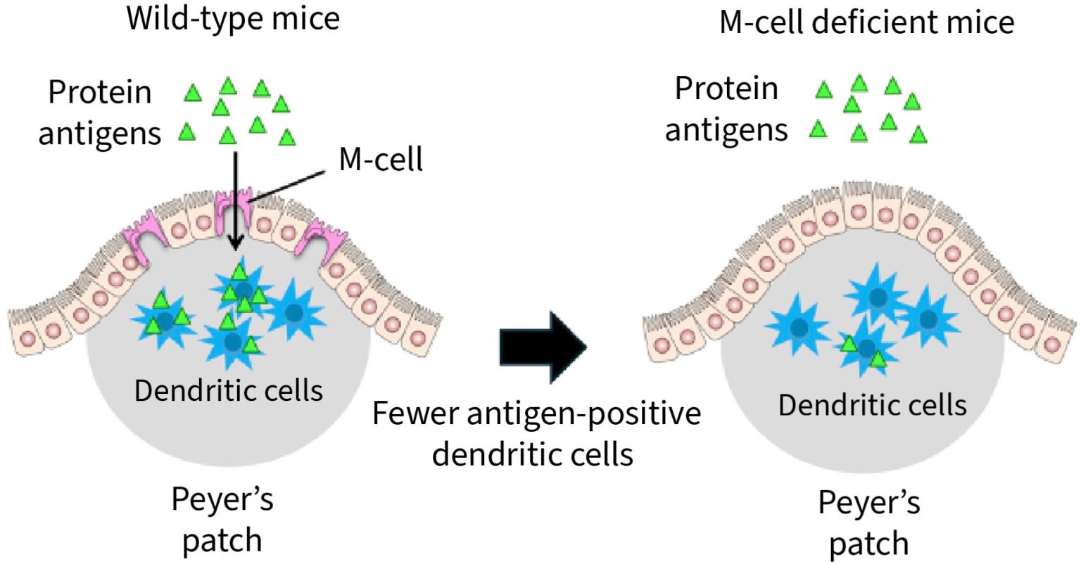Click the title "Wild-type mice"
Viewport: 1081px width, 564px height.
(233, 18)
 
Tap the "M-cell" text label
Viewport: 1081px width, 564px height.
(381, 160)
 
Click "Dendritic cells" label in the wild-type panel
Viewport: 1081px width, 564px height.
(228, 390)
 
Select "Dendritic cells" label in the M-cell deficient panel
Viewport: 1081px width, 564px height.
(872, 405)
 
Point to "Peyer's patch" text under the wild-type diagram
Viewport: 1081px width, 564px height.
(222, 520)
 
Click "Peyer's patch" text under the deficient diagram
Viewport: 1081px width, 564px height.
(868, 523)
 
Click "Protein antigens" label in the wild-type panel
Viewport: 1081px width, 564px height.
(99, 113)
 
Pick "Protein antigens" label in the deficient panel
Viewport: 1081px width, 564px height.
(726, 109)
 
